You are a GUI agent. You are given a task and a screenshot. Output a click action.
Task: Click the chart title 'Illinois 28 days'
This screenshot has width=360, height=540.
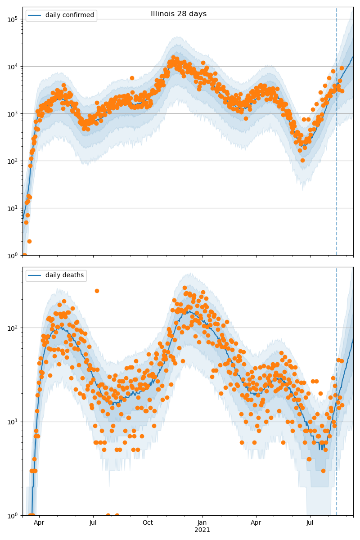(x=179, y=14)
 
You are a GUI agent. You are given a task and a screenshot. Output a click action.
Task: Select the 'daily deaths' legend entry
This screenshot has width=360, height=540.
(x=64, y=275)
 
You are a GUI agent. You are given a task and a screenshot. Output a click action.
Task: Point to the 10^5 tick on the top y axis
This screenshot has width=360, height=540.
(x=12, y=19)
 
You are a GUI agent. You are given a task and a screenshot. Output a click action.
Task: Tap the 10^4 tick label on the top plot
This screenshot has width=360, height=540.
(x=12, y=67)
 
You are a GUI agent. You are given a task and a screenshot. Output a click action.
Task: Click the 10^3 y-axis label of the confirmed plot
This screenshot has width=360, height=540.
(x=12, y=114)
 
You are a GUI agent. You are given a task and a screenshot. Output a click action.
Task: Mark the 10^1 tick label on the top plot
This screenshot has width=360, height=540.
(x=12, y=208)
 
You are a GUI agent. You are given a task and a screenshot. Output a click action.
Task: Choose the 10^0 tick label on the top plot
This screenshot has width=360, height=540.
(x=12, y=255)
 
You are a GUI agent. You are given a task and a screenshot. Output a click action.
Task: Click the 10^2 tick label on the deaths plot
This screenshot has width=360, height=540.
(x=12, y=328)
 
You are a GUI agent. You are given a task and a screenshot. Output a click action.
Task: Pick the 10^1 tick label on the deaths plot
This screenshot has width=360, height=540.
(x=12, y=422)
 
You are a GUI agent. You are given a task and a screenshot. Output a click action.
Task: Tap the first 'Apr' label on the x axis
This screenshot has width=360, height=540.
(x=39, y=523)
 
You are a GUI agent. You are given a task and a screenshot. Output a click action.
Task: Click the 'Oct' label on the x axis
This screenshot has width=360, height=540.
(x=148, y=523)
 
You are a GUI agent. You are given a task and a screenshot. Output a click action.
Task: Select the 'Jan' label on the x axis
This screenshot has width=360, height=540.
(x=202, y=523)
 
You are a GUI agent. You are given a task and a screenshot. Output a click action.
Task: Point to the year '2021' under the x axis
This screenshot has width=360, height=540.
(x=202, y=530)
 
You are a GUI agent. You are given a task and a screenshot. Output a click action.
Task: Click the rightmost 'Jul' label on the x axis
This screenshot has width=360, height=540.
(x=310, y=523)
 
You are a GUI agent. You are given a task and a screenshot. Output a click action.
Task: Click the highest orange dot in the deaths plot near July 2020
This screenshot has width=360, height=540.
(x=97, y=291)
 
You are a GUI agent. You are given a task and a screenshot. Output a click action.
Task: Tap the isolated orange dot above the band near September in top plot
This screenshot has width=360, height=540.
(x=132, y=78)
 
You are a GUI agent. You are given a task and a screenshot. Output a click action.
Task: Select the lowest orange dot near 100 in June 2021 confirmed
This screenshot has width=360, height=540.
(x=302, y=160)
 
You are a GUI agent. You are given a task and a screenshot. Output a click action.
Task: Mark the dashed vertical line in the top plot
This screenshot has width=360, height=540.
(x=337, y=135)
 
